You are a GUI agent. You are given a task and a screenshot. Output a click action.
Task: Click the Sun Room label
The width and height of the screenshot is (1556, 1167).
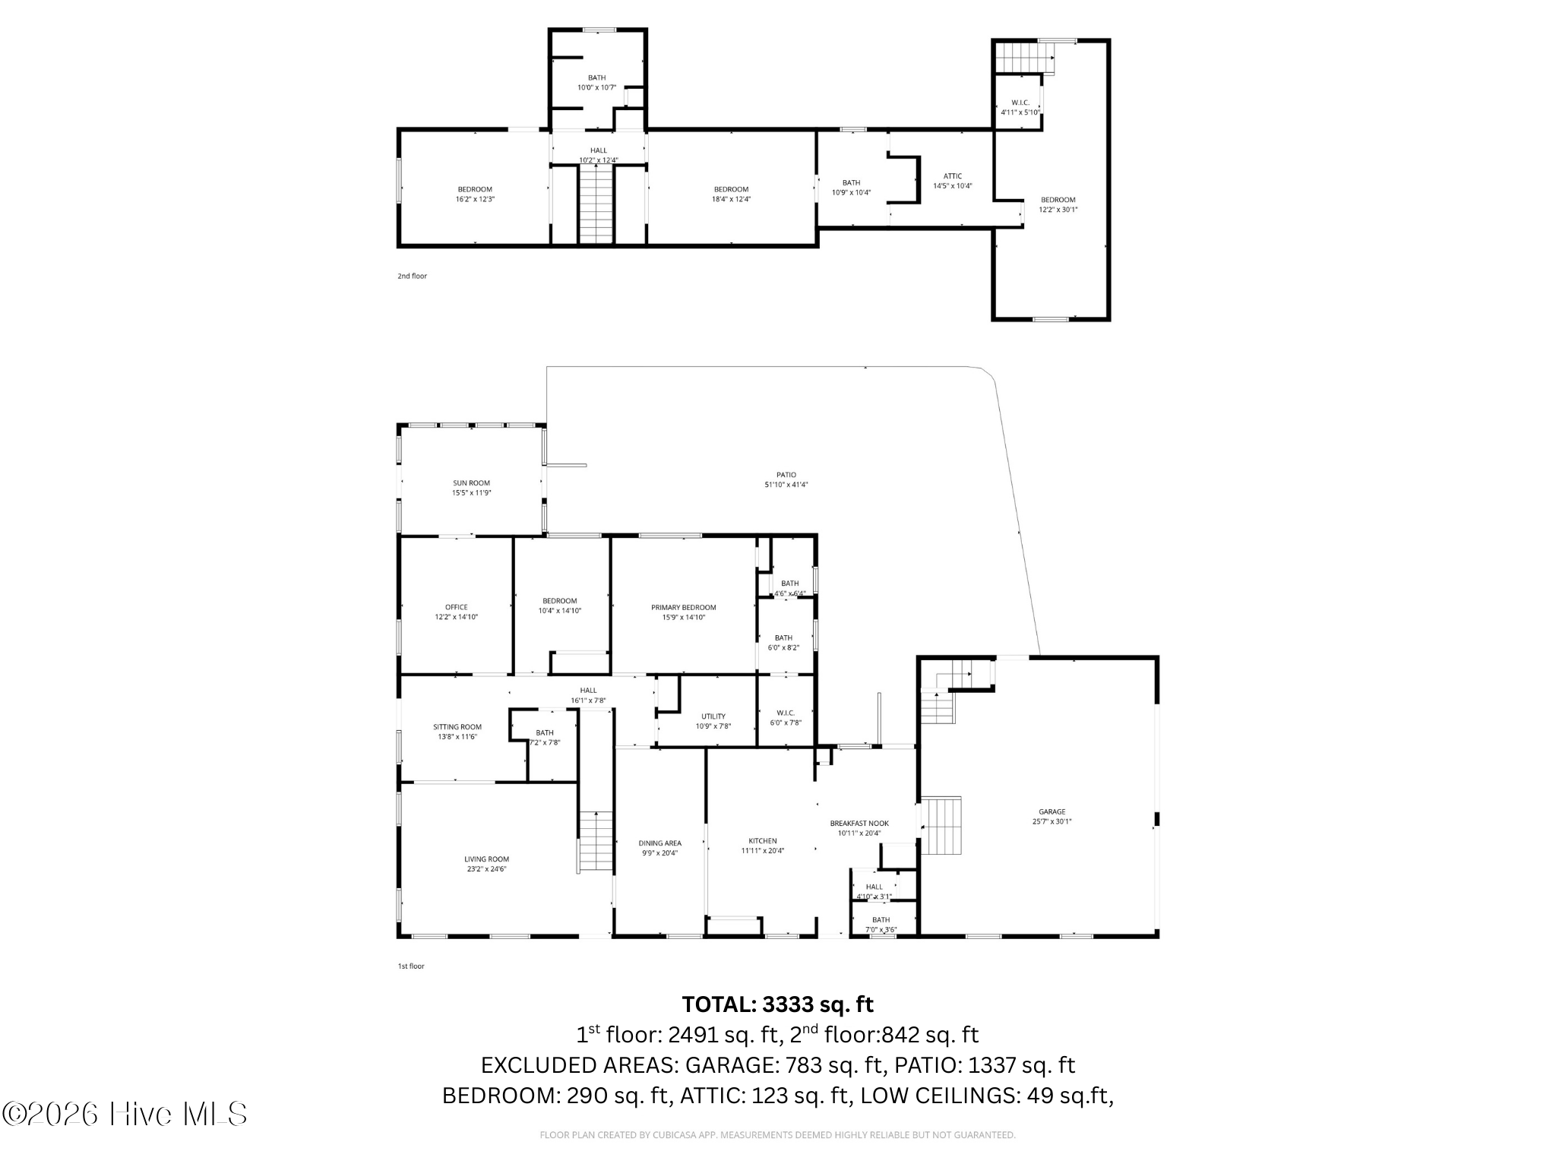471,482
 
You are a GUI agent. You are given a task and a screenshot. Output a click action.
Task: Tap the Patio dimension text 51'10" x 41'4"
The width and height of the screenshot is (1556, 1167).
786,485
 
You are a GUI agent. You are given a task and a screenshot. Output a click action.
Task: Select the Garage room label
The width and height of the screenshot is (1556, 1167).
1052,811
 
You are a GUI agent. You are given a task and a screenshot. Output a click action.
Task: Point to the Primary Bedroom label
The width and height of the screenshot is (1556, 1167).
683,607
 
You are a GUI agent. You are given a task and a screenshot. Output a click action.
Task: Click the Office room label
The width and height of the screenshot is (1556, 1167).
456,607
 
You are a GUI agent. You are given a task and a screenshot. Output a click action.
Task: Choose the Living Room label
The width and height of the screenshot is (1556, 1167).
486,859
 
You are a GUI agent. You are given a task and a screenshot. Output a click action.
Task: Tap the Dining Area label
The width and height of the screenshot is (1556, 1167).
659,843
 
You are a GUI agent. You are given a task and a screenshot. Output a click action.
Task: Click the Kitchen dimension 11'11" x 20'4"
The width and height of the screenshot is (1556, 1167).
762,851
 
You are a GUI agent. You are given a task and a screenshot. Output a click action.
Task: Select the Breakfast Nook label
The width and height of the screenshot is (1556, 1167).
859,823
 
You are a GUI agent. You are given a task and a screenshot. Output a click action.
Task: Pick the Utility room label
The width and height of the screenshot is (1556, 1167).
713,716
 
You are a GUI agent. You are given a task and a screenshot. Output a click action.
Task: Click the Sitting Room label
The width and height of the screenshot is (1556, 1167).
457,726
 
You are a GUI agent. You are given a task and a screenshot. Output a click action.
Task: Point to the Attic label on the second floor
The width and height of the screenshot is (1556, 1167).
952,176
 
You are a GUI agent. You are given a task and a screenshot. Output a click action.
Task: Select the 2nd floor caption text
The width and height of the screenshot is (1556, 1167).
412,276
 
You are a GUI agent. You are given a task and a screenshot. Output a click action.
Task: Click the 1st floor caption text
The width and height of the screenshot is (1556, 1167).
411,966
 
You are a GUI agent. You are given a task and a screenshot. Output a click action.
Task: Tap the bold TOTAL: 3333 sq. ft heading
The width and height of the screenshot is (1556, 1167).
777,1004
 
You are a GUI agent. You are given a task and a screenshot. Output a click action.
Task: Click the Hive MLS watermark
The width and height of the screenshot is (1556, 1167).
125,1114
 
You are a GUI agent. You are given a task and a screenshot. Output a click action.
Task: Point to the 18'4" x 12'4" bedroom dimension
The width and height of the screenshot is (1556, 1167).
731,199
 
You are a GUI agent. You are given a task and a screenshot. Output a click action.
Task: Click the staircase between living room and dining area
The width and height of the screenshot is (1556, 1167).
596,841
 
